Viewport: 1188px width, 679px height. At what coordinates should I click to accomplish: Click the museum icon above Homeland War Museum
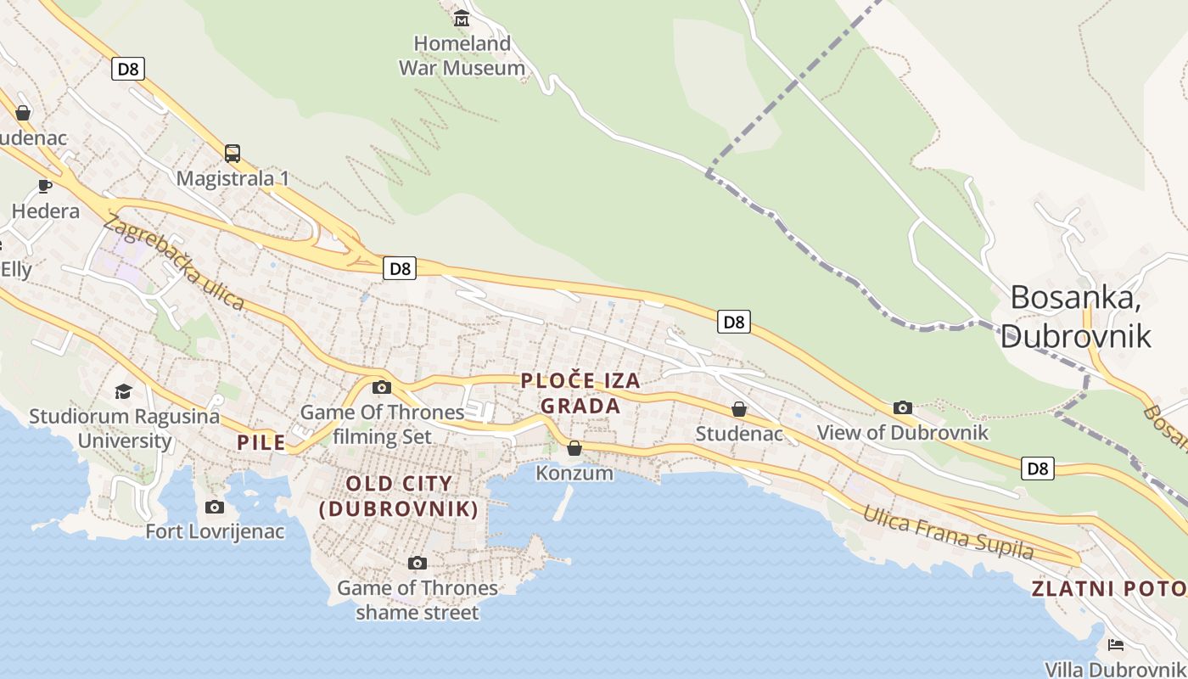tap(462, 17)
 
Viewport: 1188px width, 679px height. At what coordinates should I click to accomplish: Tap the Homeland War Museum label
tap(462, 55)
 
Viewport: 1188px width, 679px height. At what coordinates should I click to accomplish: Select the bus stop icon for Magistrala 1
tap(233, 154)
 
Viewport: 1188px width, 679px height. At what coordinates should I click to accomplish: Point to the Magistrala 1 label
tap(233, 178)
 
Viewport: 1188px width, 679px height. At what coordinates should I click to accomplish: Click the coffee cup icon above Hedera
tap(45, 186)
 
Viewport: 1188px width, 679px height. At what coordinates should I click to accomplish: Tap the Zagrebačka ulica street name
tap(174, 262)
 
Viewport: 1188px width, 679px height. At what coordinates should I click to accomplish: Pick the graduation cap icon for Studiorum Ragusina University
tap(124, 391)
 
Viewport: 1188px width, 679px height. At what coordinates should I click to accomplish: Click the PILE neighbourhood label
tap(261, 442)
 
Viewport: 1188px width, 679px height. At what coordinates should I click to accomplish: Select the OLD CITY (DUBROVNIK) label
tap(399, 496)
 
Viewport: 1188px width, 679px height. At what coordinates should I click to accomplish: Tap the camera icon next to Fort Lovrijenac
tap(215, 507)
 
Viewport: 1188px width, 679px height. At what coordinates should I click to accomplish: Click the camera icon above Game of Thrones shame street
tap(417, 563)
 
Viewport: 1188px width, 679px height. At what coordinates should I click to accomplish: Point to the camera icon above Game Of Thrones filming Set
tap(382, 387)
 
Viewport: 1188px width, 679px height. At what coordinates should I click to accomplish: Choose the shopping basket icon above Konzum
tap(574, 448)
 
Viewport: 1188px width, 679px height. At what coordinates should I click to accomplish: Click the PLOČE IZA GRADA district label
tap(580, 394)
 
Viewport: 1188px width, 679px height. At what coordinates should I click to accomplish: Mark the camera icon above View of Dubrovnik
tap(903, 407)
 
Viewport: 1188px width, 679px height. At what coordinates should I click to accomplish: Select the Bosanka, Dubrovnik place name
tap(1075, 316)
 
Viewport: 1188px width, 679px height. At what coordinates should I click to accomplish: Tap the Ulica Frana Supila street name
tap(949, 533)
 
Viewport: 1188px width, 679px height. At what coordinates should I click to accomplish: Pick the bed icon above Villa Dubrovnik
tap(1116, 645)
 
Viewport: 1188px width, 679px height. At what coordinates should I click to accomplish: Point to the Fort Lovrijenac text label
tap(216, 532)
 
